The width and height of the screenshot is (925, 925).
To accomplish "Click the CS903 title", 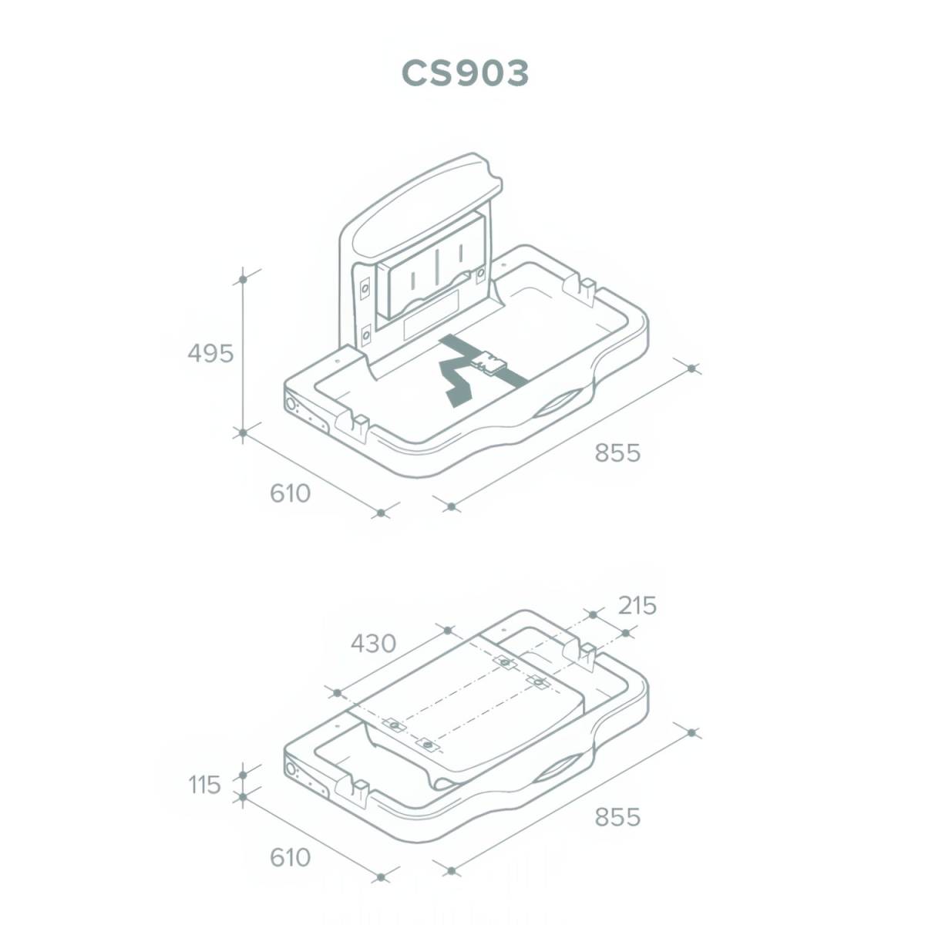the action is (x=465, y=74).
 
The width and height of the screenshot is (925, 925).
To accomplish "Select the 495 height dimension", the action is (x=210, y=354).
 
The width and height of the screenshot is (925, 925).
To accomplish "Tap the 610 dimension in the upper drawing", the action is (x=291, y=493).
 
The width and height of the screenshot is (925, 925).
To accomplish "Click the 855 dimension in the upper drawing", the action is (x=617, y=452).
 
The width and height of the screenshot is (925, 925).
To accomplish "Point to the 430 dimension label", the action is (x=373, y=644).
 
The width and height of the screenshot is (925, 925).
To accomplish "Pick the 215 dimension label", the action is (x=637, y=606).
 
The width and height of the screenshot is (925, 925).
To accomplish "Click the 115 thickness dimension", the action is (x=204, y=785).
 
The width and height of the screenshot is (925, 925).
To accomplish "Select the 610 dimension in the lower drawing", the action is (x=291, y=857).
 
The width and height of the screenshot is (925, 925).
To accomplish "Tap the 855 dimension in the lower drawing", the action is (x=617, y=817).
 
